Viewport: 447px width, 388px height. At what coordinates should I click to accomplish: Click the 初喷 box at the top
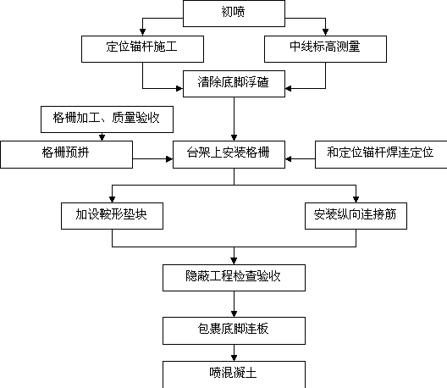[234, 14]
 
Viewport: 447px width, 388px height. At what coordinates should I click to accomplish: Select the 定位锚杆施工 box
[142, 49]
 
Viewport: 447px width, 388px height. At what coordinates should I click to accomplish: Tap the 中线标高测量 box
[325, 49]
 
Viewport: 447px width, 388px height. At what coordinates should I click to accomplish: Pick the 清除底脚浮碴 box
[234, 84]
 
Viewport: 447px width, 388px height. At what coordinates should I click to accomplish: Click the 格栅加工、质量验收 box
[107, 119]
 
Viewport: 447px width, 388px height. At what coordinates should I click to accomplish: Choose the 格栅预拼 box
[66, 154]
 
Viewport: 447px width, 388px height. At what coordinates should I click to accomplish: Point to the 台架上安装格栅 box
[229, 154]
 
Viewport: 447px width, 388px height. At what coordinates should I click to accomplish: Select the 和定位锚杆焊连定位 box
[381, 154]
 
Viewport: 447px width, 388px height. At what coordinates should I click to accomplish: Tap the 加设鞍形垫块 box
[112, 216]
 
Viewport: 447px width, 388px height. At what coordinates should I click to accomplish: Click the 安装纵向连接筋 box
[356, 216]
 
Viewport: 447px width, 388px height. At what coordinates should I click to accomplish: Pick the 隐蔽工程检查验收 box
[234, 278]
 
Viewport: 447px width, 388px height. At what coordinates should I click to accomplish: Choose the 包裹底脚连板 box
[234, 330]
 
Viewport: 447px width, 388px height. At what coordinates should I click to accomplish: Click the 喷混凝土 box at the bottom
[234, 374]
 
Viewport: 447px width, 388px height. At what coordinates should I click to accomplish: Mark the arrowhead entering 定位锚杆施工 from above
[142, 32]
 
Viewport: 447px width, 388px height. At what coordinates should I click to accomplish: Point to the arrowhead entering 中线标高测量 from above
[325, 32]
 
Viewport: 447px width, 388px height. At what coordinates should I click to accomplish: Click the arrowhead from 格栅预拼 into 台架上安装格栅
[169, 159]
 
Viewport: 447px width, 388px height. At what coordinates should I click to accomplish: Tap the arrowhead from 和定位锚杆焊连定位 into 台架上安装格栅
[289, 159]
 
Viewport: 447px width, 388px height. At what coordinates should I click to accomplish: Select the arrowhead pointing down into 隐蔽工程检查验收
[234, 261]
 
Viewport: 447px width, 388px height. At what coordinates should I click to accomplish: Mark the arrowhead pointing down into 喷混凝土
[234, 358]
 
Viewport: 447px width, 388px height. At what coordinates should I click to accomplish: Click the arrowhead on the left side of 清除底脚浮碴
[179, 88]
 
